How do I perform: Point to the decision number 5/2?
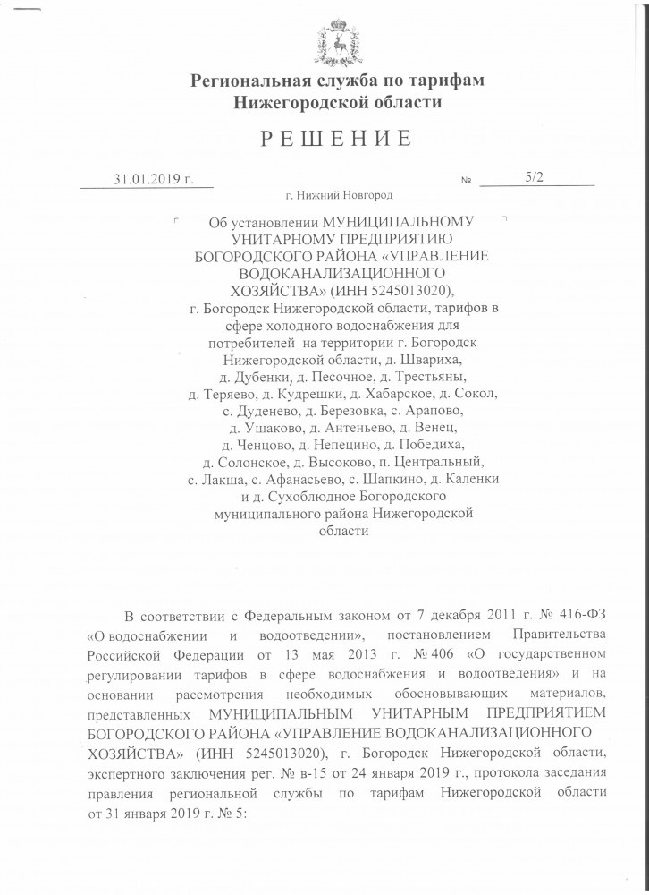(535, 178)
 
